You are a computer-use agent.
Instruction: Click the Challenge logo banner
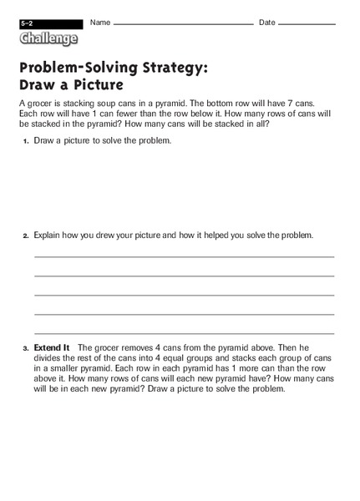coord(49,38)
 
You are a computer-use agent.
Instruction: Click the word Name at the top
coord(100,22)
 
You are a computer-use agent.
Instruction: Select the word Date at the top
coord(267,22)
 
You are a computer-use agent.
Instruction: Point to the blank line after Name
coord(183,24)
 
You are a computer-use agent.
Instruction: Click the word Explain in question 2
coord(50,235)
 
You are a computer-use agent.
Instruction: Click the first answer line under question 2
coord(184,256)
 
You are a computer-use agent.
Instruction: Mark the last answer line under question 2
coord(184,333)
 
